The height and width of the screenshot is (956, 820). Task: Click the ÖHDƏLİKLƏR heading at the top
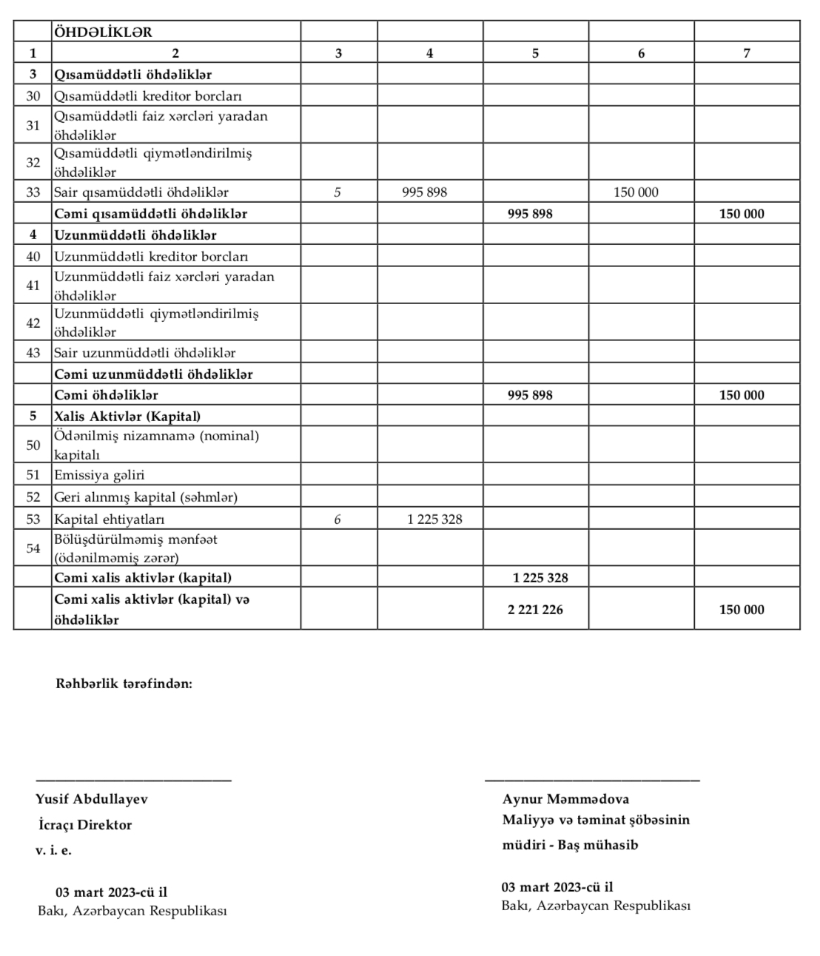pos(103,32)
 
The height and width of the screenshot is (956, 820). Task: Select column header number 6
pos(641,53)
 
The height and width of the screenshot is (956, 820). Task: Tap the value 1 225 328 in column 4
pos(434,519)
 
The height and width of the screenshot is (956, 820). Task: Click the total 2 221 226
pos(535,610)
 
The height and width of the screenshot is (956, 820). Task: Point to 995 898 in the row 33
pos(424,192)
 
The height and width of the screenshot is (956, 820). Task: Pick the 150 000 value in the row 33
pos(636,192)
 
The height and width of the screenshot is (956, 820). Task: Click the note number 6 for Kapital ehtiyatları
pos(337,519)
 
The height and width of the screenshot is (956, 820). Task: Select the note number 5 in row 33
pos(337,192)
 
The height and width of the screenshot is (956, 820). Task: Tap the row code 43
pos(33,353)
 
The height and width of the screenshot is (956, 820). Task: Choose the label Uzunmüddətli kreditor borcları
pos(151,257)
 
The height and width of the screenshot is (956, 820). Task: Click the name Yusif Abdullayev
pos(92,799)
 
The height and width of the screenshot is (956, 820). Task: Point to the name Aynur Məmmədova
pos(565,799)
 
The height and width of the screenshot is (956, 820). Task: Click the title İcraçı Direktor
pos(85,825)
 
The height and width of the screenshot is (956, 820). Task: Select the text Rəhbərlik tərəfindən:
pos(124,684)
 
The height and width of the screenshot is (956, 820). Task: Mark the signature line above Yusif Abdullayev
pos(133,779)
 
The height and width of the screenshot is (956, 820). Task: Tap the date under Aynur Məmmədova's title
pos(557,887)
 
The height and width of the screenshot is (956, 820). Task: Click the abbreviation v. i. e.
pos(53,850)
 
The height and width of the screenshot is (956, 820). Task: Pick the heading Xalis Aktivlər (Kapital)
pos(127,417)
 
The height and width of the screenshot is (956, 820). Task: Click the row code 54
pos(33,548)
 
